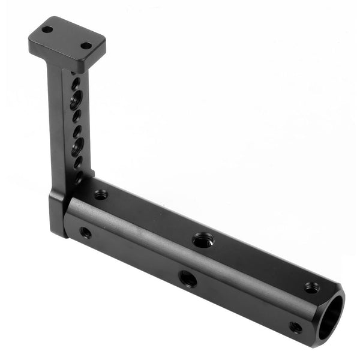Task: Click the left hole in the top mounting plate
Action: click(x=47, y=29)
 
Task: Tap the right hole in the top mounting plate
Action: click(x=86, y=46)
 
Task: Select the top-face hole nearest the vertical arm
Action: click(x=101, y=194)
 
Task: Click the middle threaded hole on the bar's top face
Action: click(x=202, y=240)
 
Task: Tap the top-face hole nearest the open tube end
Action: click(x=311, y=287)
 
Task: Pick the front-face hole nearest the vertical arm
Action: click(x=86, y=232)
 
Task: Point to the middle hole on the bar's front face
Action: click(x=187, y=278)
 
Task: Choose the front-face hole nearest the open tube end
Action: click(x=295, y=328)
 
